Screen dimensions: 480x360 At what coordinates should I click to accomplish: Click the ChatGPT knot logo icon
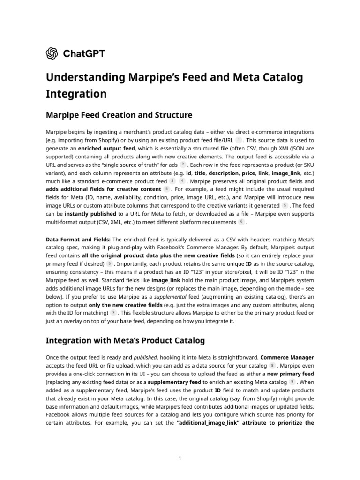point(52,54)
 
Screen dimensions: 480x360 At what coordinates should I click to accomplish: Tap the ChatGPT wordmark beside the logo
point(84,54)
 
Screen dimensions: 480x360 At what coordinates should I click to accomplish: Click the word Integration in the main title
point(76,93)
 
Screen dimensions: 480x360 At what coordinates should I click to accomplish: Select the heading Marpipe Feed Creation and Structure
point(119,115)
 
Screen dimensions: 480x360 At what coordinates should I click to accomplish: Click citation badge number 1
point(239,140)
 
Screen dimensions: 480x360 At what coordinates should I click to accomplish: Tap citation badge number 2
point(183,165)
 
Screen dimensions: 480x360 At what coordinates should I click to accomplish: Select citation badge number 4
point(182,181)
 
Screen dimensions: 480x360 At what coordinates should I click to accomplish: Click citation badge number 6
point(241,222)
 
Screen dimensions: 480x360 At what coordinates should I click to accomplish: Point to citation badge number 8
point(272,365)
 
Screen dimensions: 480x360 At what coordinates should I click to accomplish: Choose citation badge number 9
point(292,382)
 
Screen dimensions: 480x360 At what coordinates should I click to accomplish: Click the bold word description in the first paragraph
point(223,173)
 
